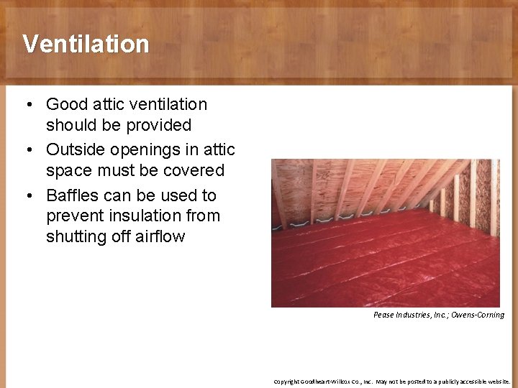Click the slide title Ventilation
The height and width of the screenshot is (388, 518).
point(86,44)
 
